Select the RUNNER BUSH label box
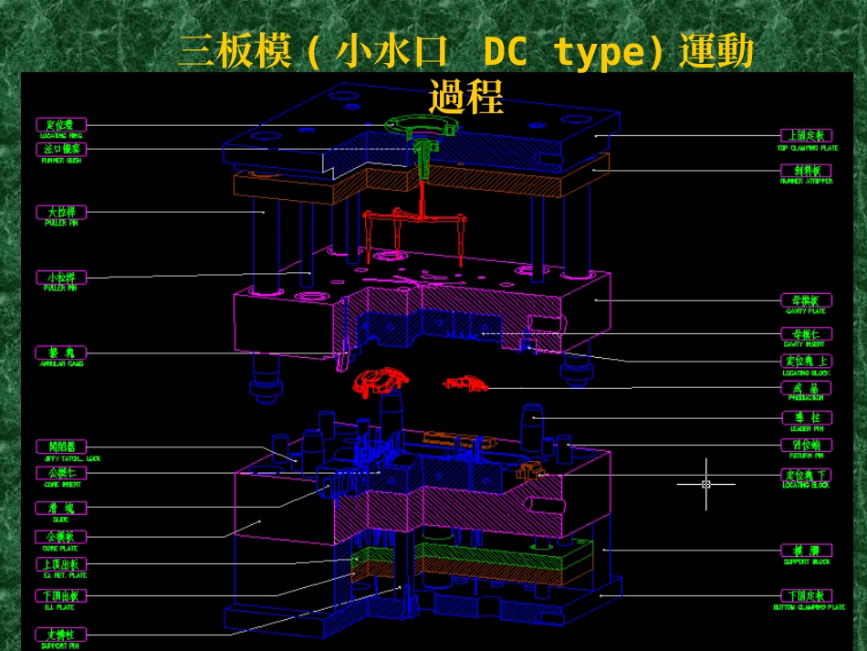pyautogui.click(x=62, y=149)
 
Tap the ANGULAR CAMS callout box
pyautogui.click(x=62, y=352)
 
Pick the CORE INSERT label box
pyautogui.click(x=62, y=473)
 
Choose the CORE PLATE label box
pyautogui.click(x=62, y=537)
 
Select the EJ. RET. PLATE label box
pyautogui.click(x=62, y=564)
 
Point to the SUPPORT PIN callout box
pyautogui.click(x=62, y=634)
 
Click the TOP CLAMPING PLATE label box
pyautogui.click(x=807, y=136)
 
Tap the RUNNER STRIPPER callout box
pyautogui.click(x=807, y=170)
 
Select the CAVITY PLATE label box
pyautogui.click(x=807, y=299)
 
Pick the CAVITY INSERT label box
pyautogui.click(x=807, y=334)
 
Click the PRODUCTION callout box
pyautogui.click(x=807, y=387)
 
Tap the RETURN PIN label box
pyautogui.click(x=807, y=446)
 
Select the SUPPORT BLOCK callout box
pyautogui.click(x=807, y=551)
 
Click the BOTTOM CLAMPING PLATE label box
pyautogui.click(x=807, y=595)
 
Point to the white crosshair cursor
pyautogui.click(x=705, y=484)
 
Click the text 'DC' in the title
pyautogui.click(x=505, y=53)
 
